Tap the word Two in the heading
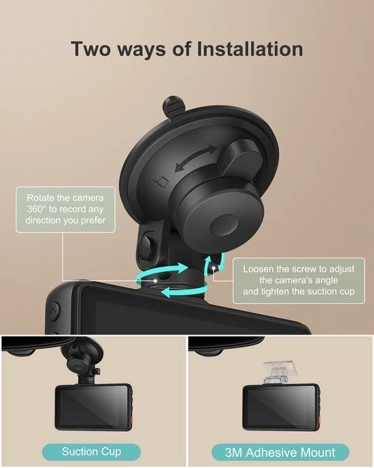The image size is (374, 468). pyautogui.click(x=95, y=49)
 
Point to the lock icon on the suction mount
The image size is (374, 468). pyautogui.click(x=161, y=182)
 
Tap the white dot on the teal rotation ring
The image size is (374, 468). pyautogui.click(x=158, y=280)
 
